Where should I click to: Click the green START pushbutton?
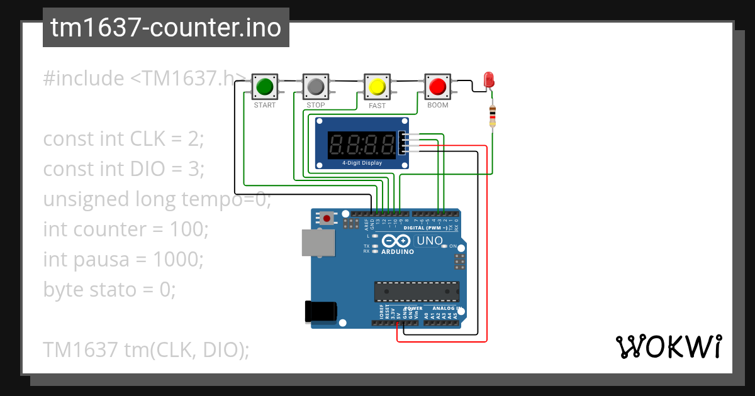[264, 85]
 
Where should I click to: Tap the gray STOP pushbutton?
[316, 85]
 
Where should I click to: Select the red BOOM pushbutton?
[437, 85]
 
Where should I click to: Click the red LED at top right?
[489, 80]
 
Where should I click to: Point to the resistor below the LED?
[492, 116]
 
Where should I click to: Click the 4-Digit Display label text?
[362, 163]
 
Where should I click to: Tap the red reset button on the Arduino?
[327, 218]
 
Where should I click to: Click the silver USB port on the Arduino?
[318, 243]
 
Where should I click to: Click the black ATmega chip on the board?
[417, 292]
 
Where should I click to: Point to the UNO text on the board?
[430, 241]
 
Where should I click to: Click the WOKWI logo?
[668, 346]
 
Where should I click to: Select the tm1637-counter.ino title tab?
[166, 28]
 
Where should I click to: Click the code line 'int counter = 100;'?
[126, 229]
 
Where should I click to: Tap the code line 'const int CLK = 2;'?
[124, 139]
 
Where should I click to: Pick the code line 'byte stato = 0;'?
[109, 290]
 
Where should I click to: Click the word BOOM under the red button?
[437, 105]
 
